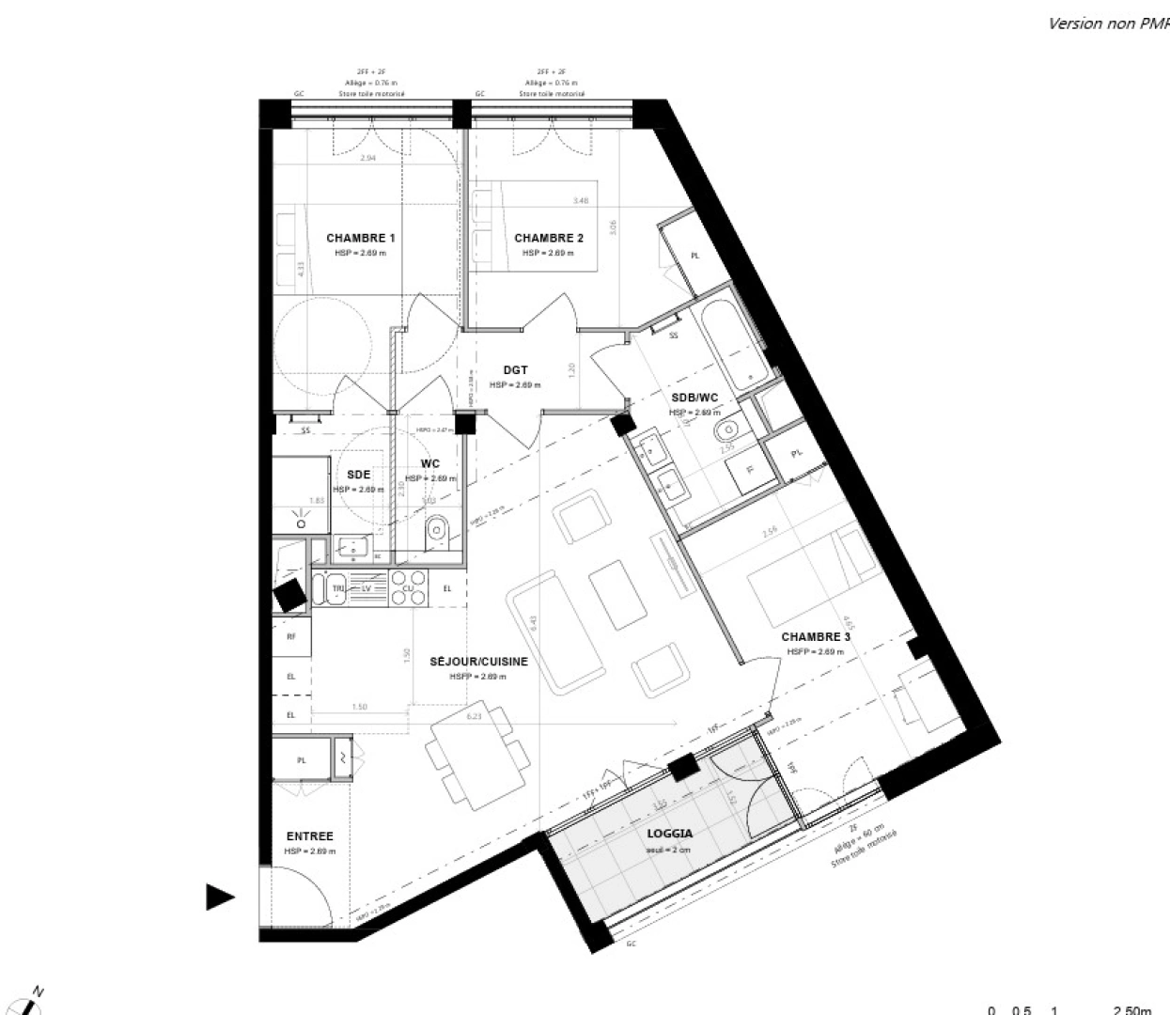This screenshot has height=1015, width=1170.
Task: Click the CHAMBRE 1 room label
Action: click(360, 238)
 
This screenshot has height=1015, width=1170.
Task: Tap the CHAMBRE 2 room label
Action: click(549, 238)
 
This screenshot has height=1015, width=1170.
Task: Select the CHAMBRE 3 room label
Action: click(816, 637)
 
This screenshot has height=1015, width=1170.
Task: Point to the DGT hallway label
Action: click(515, 370)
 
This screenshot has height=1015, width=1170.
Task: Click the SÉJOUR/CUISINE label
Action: click(478, 662)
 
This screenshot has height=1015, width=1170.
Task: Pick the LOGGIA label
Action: click(670, 834)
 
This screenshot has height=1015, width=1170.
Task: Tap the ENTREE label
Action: click(309, 836)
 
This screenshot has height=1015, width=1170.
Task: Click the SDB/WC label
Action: click(694, 398)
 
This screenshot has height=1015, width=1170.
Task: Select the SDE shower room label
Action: click(358, 475)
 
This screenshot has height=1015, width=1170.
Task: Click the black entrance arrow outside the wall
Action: click(219, 898)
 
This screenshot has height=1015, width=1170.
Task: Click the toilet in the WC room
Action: click(437, 534)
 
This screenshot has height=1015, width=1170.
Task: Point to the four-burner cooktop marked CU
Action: click(408, 587)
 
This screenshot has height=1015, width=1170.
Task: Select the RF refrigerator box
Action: click(291, 636)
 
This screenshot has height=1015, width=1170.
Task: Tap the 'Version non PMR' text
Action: click(1108, 24)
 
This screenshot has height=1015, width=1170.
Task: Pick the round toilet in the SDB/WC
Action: click(726, 432)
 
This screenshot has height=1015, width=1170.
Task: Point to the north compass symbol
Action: click(32, 1002)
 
